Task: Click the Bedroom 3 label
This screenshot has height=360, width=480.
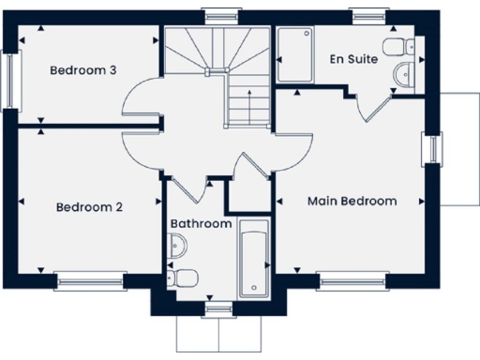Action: pyautogui.click(x=83, y=70)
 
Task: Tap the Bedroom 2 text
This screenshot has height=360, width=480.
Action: pyautogui.click(x=88, y=207)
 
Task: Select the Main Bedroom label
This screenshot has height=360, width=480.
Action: pyautogui.click(x=352, y=201)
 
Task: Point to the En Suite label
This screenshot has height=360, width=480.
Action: pyautogui.click(x=353, y=59)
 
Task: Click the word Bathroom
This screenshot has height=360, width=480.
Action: pyautogui.click(x=201, y=224)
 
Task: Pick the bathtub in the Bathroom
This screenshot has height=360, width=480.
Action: pyautogui.click(x=254, y=258)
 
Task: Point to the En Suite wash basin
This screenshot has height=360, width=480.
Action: pyautogui.click(x=403, y=75)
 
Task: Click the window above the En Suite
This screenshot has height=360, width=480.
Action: pyautogui.click(x=367, y=15)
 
